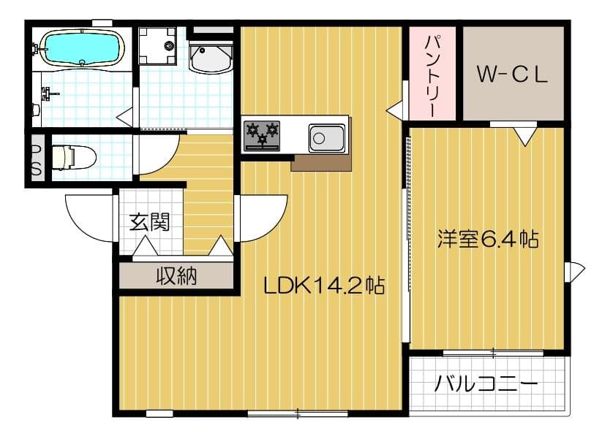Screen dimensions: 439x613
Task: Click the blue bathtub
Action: pos(80,47)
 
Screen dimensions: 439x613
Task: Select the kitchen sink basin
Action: pos(327,137)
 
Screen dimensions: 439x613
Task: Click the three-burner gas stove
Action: pos(263,135)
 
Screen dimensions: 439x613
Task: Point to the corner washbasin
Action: pos(211,57)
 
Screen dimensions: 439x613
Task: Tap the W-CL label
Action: pos(512,74)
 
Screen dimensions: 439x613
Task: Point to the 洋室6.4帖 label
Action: pos(488,238)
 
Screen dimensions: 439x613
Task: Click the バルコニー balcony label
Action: pos(486,383)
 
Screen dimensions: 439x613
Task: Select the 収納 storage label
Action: pos(176,276)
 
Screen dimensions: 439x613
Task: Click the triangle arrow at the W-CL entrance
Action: pos(524,135)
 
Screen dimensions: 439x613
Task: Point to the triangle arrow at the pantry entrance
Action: pos(395,110)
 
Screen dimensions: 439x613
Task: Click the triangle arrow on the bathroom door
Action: pos(126,115)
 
